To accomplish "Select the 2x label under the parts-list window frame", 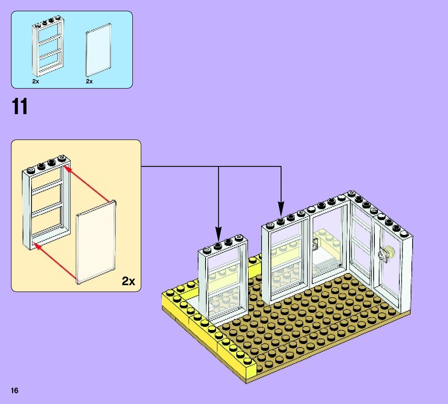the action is tap(35, 81).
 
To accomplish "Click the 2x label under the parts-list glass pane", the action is tap(90, 81).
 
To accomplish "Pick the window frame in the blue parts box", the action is tap(47, 47).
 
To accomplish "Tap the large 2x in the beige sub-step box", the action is tap(128, 281).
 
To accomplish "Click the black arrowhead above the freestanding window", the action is tap(218, 236).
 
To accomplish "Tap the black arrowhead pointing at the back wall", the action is tap(281, 212).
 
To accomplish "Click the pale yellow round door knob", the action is tap(390, 251).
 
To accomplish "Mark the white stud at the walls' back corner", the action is tap(351, 193).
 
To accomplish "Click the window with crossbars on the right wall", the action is tap(361, 245).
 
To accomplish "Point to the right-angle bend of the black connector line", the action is tap(281, 167).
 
